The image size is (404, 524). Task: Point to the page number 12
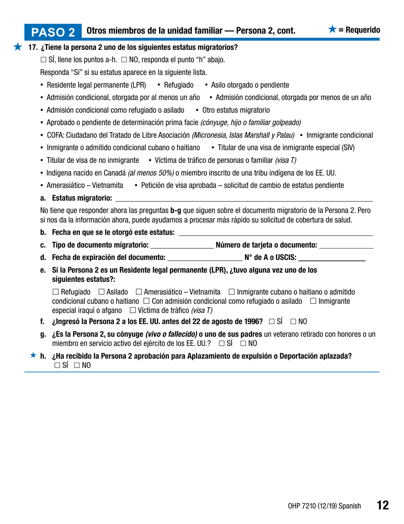382,505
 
